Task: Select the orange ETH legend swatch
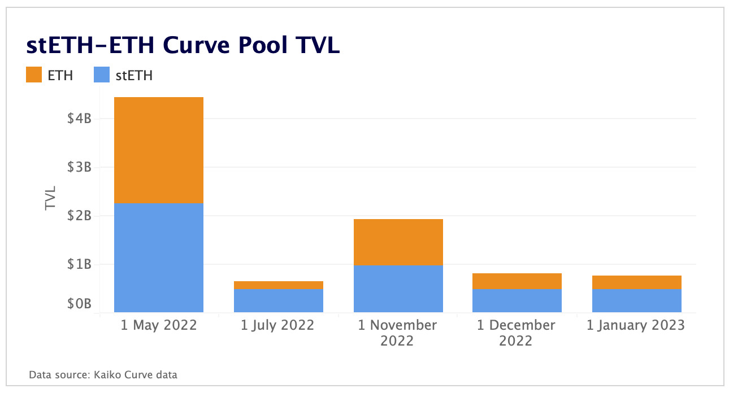pos(34,75)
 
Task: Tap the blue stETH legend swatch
pos(102,75)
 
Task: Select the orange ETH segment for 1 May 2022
pos(158,150)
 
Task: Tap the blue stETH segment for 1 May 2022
pos(158,257)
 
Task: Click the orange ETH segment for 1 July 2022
pos(278,285)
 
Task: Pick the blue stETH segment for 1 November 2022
pos(398,289)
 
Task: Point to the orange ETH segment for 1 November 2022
pos(398,242)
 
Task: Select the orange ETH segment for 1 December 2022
pos(517,281)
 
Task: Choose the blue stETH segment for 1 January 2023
pos(636,300)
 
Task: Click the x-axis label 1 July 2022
pos(277,325)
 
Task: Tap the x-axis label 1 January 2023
pos(636,325)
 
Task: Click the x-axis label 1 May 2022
pos(159,325)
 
